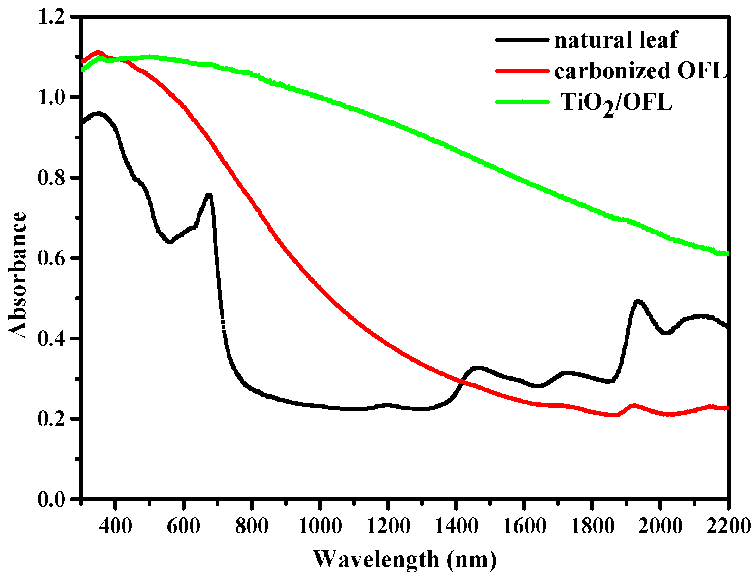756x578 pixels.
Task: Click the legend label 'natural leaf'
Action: [x=616, y=39]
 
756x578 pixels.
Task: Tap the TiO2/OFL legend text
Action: [x=616, y=103]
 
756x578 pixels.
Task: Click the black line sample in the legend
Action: [x=522, y=39]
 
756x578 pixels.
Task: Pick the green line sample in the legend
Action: [x=522, y=102]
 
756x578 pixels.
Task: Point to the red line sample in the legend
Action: [x=522, y=71]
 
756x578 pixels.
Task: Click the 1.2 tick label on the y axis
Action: [x=52, y=17]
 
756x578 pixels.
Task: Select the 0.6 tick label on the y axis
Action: [x=52, y=258]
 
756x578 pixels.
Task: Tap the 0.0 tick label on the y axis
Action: [x=52, y=499]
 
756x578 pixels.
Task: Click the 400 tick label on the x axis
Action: [x=115, y=527]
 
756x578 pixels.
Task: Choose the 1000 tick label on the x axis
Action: [x=320, y=527]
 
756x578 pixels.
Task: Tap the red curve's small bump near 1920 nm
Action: [x=633, y=406]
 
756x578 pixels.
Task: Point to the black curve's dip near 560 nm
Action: [x=169, y=242]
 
